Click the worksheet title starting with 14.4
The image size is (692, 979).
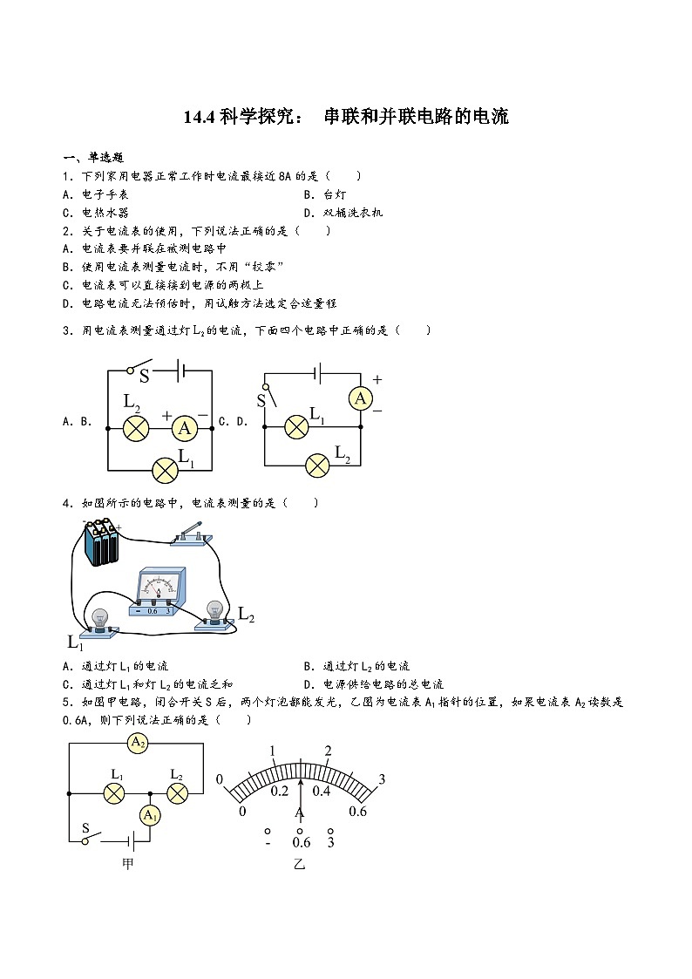[346, 117]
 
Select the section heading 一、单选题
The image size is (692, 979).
[94, 158]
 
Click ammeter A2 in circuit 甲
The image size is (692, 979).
[136, 743]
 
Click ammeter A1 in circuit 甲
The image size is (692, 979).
[151, 815]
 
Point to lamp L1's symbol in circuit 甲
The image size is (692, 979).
[115, 793]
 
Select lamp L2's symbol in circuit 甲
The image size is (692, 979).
[177, 793]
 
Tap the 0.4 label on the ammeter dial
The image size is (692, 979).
[322, 792]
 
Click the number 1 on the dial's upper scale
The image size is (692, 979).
[273, 751]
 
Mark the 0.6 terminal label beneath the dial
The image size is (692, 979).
[301, 842]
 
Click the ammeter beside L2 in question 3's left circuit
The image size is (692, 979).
[184, 428]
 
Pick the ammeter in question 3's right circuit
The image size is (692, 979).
[360, 398]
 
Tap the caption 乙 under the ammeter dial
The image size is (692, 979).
[300, 865]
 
